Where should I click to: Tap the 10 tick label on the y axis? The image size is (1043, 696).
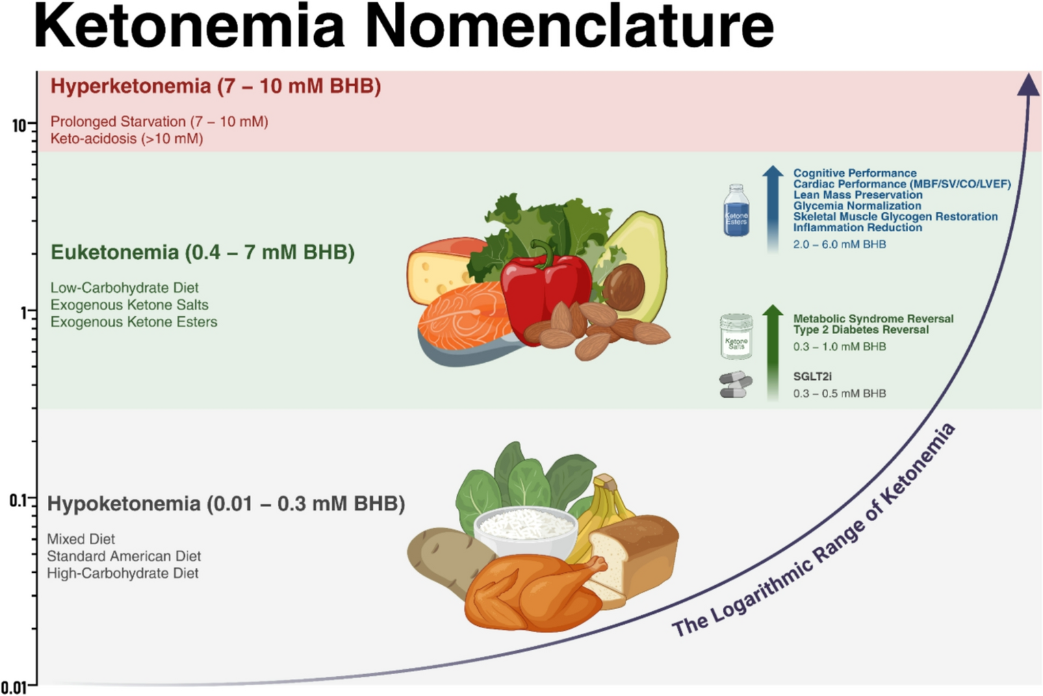pos(18,126)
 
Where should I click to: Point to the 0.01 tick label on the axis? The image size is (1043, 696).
pos(14,687)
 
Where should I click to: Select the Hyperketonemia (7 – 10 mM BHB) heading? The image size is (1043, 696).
pos(216,87)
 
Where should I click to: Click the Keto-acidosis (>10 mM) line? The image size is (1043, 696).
pos(127,139)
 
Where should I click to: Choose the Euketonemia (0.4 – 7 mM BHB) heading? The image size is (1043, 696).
pos(203,253)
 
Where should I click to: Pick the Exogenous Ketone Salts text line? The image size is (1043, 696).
pos(129,305)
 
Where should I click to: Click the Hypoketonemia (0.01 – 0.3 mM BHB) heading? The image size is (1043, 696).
pos(226,504)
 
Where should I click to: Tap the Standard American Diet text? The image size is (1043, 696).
pos(124,556)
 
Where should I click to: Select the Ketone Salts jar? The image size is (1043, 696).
pos(736,336)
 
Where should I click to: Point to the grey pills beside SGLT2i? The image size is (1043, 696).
pos(736,385)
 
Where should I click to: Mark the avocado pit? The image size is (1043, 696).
pos(623,286)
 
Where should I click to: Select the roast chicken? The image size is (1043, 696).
pos(534,592)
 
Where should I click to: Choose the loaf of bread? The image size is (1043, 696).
pos(633,554)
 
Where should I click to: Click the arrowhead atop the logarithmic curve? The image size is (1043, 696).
pos(1028,86)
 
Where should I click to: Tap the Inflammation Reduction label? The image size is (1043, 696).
pos(857,228)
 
